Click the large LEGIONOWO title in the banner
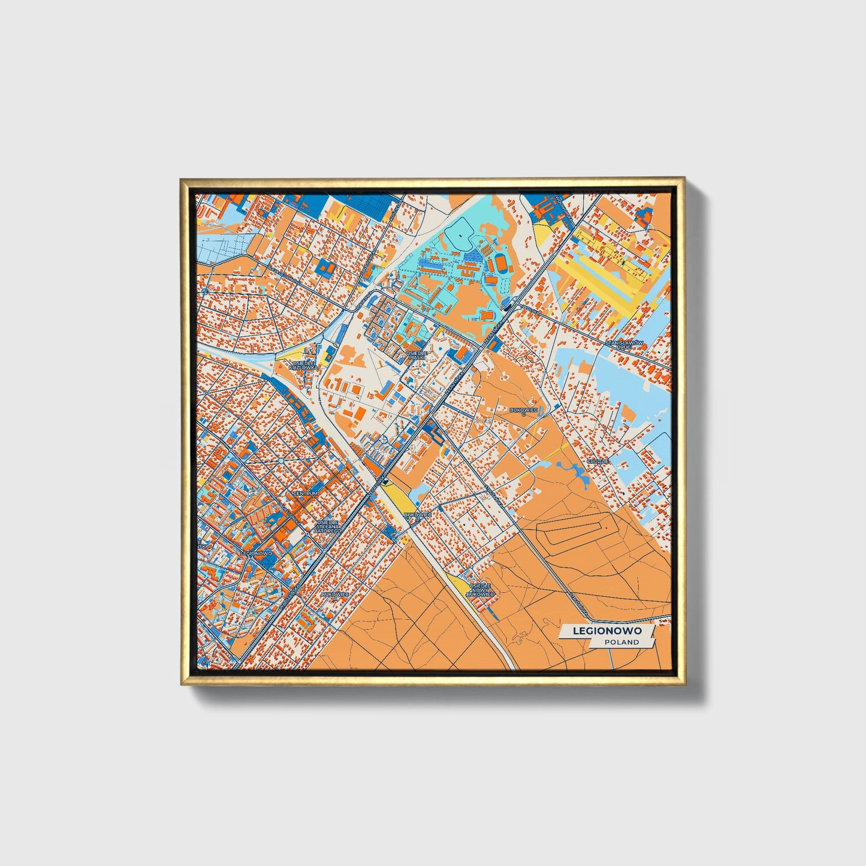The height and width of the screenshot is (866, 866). tap(607, 630)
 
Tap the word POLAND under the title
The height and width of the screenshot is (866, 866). tap(621, 642)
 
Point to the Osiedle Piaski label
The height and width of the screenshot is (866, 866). tap(417, 355)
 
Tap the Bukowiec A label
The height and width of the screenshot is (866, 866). tap(334, 595)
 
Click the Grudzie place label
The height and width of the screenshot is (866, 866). tap(598, 461)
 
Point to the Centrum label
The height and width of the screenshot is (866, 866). tap(305, 493)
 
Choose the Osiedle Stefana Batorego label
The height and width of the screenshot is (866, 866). tap(327, 526)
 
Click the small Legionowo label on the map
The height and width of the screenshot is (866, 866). tap(256, 553)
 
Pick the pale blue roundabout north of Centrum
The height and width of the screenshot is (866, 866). tap(280, 460)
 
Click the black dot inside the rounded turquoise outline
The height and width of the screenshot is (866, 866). tap(460, 236)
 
